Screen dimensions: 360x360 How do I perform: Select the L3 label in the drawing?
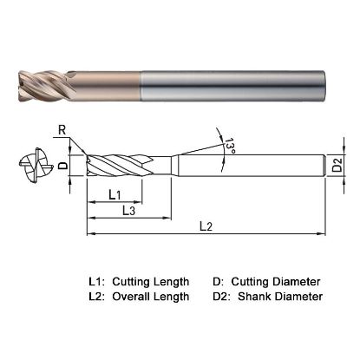click(127, 210)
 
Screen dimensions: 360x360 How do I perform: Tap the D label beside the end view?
click(62, 163)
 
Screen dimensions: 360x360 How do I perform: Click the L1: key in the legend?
click(99, 282)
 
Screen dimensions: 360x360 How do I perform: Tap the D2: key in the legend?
click(222, 297)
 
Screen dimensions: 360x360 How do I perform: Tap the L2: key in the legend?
click(99, 297)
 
